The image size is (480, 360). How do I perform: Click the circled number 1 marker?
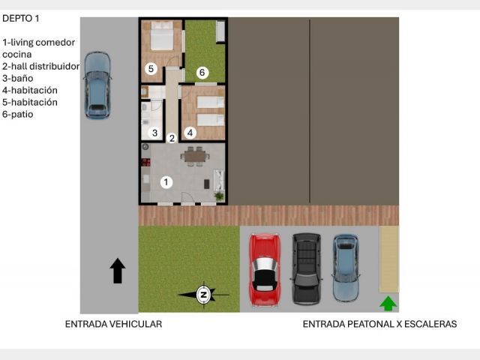click(x=166, y=182)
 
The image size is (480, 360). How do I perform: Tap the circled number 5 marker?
click(x=151, y=68)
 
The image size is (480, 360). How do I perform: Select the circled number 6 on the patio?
click(x=202, y=72)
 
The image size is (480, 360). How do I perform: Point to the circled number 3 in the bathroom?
click(x=154, y=133)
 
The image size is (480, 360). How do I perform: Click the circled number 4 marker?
click(x=190, y=133)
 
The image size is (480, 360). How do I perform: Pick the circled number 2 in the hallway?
click(x=172, y=138)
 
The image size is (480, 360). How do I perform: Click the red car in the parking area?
click(x=264, y=270)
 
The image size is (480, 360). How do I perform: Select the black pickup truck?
click(x=306, y=269)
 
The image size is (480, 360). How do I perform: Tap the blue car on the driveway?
click(x=97, y=85)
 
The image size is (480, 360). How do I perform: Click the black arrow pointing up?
click(x=118, y=271)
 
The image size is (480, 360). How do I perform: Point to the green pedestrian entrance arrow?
click(x=388, y=304)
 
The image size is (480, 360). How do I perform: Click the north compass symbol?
click(x=203, y=295)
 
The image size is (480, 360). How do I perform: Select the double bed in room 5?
click(x=162, y=35)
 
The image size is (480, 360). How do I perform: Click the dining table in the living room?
click(x=195, y=157)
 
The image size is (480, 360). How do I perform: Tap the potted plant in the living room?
click(x=219, y=196)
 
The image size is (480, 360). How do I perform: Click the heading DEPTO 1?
click(x=21, y=18)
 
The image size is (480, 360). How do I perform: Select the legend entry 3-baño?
click(x=18, y=78)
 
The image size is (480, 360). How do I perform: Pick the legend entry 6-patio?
click(x=18, y=114)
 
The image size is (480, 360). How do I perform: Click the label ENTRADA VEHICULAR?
click(x=113, y=324)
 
